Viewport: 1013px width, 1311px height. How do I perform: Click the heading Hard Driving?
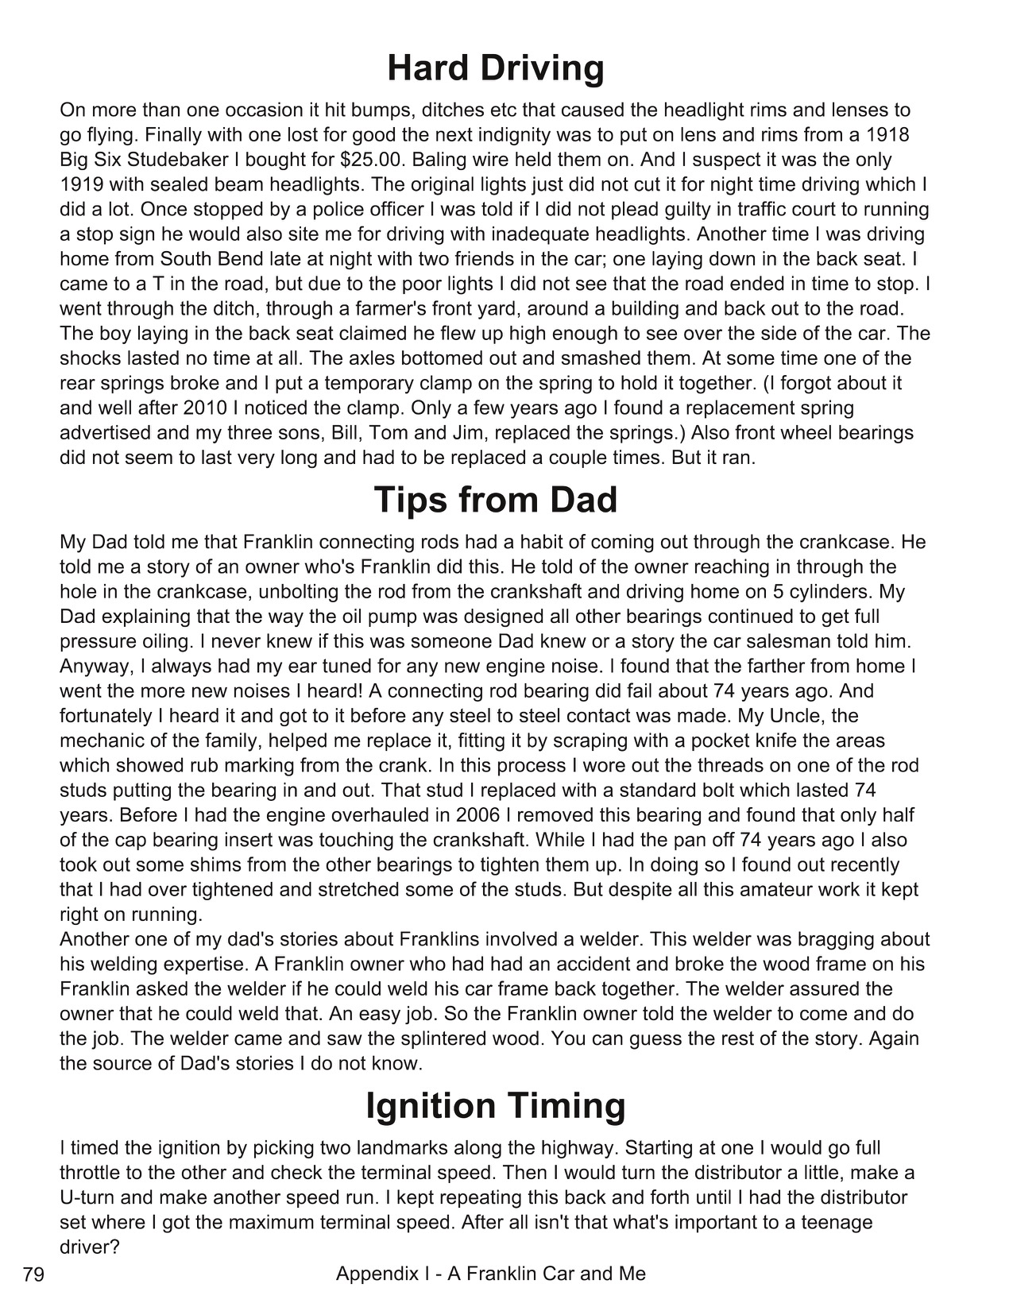(x=496, y=68)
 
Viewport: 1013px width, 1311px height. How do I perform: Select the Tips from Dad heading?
(x=495, y=500)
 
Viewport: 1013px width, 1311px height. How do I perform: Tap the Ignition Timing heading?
(x=496, y=1105)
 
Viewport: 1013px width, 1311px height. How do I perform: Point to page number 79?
(x=33, y=1276)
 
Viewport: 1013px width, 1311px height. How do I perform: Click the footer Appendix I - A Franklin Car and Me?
(x=490, y=1274)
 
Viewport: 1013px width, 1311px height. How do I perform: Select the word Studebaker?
(x=155, y=160)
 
